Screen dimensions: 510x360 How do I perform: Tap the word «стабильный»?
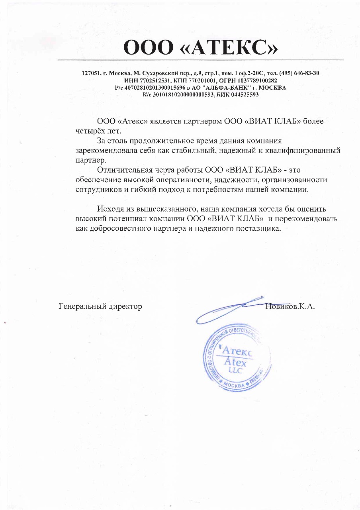191,151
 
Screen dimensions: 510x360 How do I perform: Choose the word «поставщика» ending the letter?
262,229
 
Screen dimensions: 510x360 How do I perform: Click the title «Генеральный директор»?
100,307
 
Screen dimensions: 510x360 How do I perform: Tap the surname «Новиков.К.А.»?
290,307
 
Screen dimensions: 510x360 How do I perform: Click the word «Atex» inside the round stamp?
235,363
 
